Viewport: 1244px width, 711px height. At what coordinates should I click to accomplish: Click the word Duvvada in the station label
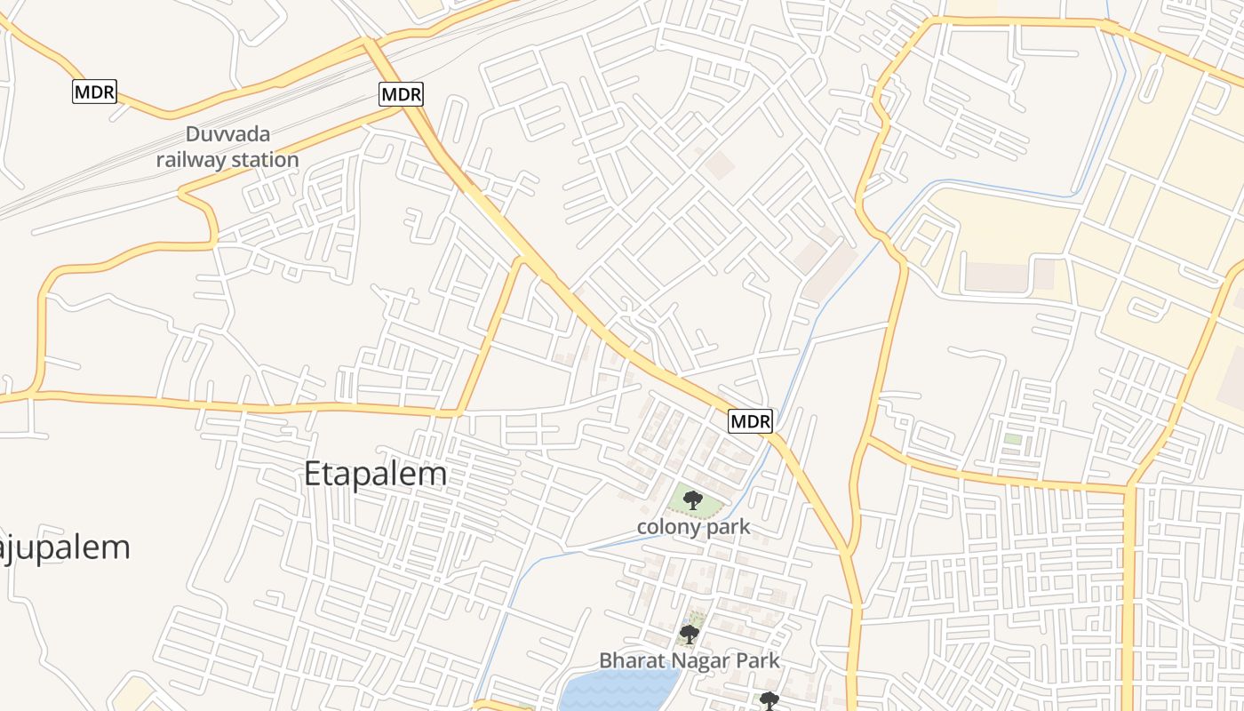(227, 135)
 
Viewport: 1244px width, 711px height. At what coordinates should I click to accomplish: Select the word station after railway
(264, 160)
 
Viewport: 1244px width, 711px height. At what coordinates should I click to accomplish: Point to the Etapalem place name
(375, 474)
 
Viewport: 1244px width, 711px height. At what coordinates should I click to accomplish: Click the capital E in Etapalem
(313, 474)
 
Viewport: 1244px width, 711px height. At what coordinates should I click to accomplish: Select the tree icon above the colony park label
(692, 499)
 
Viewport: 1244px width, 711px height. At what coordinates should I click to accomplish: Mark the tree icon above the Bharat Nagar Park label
(689, 634)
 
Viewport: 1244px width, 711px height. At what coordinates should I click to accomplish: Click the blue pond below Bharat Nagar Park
(613, 691)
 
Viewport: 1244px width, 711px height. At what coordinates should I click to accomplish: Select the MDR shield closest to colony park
(750, 421)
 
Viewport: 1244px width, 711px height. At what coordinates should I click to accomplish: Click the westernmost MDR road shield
(94, 92)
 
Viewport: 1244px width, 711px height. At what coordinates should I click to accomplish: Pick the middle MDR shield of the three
(402, 93)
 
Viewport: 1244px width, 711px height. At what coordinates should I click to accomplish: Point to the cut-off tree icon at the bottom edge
(770, 702)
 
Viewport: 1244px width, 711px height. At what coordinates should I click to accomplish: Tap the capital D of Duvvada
(192, 135)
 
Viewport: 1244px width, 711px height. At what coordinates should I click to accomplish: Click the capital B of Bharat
(605, 660)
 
